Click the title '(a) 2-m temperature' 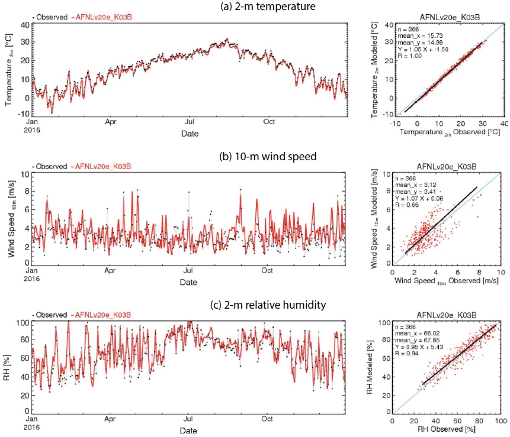point(268,6)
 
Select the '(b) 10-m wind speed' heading point(268,156)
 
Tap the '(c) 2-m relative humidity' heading point(268,305)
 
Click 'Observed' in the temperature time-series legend point(52,17)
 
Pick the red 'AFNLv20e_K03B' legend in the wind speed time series point(103,167)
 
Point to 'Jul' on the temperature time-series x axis point(190,122)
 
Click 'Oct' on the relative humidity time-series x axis point(267,419)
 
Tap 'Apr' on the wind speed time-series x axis point(110,270)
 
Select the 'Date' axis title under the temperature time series point(190,134)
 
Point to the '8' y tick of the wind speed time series point(27,191)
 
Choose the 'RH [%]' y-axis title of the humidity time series point(7,368)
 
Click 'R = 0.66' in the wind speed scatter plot point(407,205)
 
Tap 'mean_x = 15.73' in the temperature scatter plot point(420,35)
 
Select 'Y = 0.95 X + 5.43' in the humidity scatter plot point(419,347)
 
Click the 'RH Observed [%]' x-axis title point(446,429)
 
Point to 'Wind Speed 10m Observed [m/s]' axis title point(446,281)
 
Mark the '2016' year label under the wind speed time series point(31,279)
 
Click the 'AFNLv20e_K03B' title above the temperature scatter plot point(450,18)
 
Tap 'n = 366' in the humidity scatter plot point(405,327)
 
